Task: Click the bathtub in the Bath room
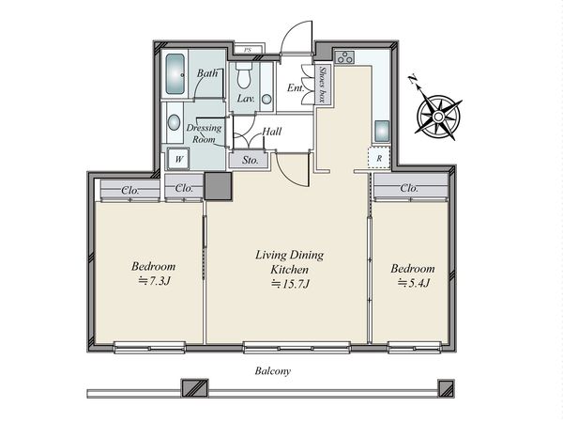click(175, 73)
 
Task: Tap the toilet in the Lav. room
click(245, 75)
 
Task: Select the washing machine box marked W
click(179, 159)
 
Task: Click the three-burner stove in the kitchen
click(344, 57)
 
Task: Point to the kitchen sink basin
click(382, 131)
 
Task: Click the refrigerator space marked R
click(379, 158)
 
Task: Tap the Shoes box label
click(323, 85)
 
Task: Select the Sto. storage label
click(250, 160)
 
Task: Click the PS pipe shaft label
click(248, 50)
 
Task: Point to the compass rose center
click(438, 117)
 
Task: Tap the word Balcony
click(273, 371)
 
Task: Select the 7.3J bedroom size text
click(154, 281)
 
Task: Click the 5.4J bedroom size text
click(414, 283)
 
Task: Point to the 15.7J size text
click(290, 284)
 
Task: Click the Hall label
click(272, 132)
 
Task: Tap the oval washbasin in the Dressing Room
click(174, 122)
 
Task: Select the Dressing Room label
click(204, 133)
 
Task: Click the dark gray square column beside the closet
click(218, 186)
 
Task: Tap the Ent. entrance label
click(296, 87)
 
